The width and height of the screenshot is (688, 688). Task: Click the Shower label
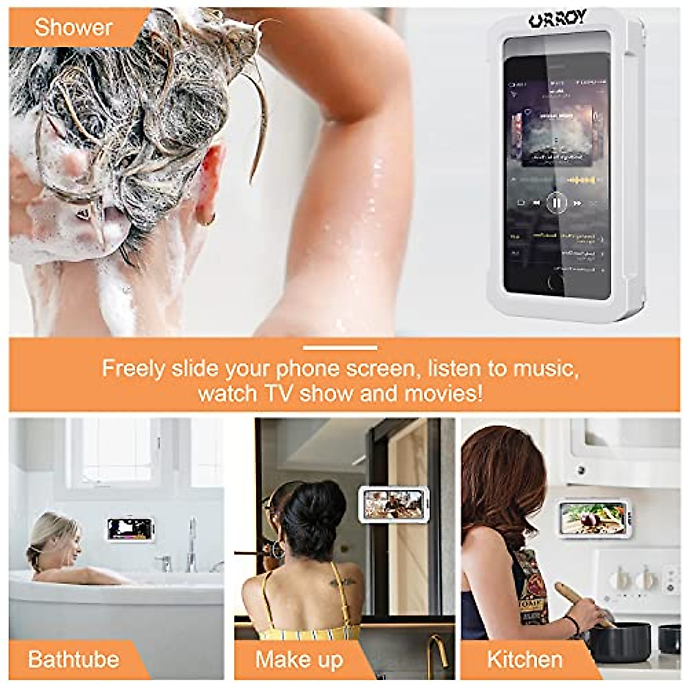[73, 28]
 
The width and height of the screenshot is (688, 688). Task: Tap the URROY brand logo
[557, 19]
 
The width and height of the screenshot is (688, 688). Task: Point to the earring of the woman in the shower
[208, 219]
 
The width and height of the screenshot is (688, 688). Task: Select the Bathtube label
[73, 659]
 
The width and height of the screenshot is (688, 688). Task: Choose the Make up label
[299, 659]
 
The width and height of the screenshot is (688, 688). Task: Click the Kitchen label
[524, 659]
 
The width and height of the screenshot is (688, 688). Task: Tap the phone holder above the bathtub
[130, 528]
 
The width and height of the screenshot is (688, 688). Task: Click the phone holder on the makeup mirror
[393, 503]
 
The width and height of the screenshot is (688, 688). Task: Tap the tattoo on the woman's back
[342, 583]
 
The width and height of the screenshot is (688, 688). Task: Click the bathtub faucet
[191, 545]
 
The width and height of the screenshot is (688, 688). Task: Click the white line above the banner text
[340, 347]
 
